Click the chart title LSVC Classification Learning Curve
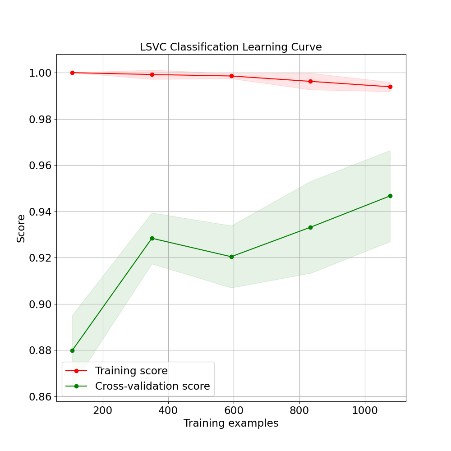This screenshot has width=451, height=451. click(230, 47)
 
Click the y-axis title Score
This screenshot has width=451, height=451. click(21, 228)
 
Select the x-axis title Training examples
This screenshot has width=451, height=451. click(230, 423)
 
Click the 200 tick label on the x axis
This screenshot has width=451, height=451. click(103, 411)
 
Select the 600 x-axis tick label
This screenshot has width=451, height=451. click(234, 411)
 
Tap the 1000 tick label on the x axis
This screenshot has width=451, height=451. click(365, 411)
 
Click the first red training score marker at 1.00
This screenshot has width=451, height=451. click(72, 73)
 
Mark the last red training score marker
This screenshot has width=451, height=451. click(390, 87)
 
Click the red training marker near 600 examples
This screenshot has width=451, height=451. click(231, 76)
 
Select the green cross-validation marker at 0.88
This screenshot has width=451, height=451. click(72, 350)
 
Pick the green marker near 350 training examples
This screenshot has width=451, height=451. click(152, 238)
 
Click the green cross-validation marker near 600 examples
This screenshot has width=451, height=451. click(231, 257)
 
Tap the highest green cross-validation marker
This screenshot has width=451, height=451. click(390, 196)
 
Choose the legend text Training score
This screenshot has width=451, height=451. click(131, 371)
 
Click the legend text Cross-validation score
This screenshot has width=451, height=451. click(152, 386)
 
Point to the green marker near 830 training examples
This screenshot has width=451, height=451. click(310, 227)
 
